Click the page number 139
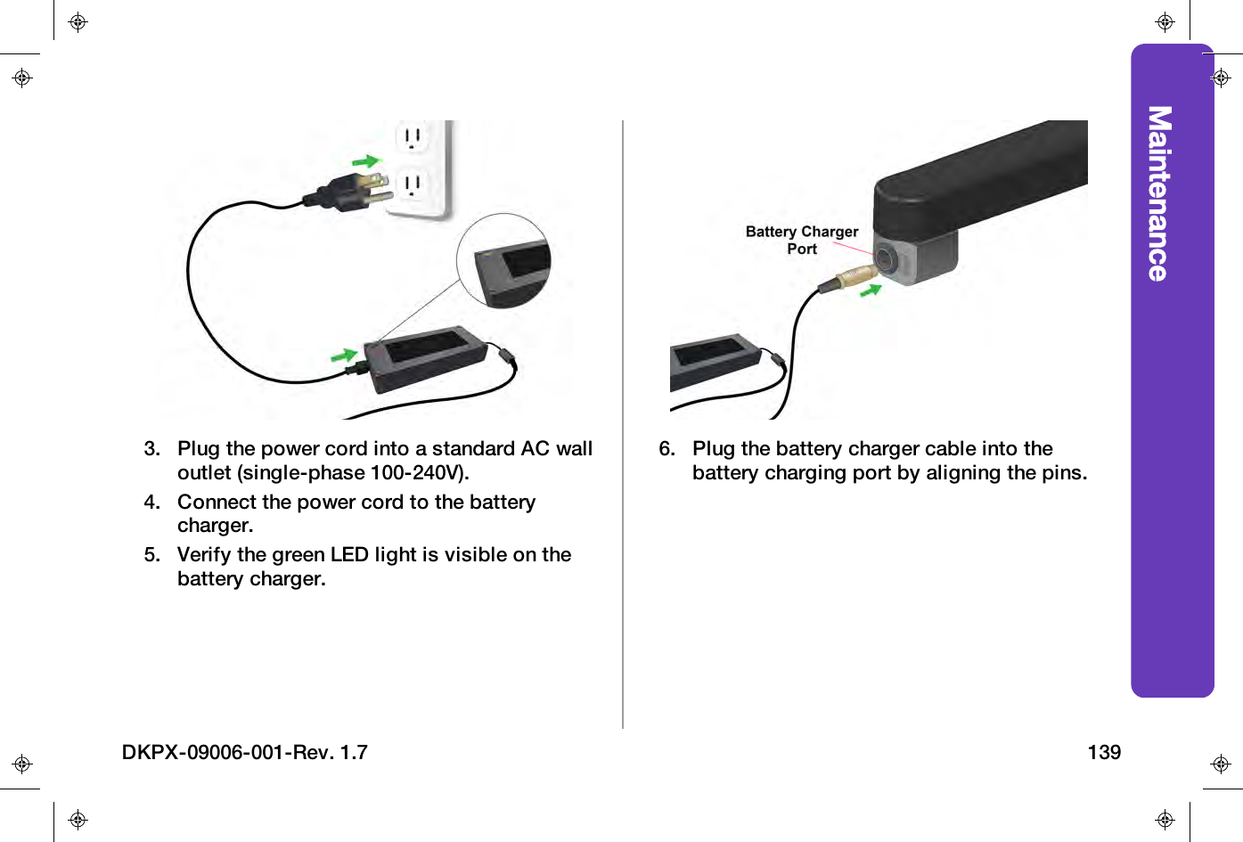click(1103, 752)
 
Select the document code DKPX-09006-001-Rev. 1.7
click(244, 752)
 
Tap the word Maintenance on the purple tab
click(1158, 193)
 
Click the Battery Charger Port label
click(801, 240)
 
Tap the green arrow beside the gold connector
click(871, 290)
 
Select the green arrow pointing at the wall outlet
click(366, 161)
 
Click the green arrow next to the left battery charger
click(344, 356)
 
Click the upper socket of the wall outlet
click(413, 138)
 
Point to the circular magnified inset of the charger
click(503, 261)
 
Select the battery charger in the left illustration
click(425, 356)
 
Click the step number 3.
click(152, 448)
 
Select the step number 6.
click(667, 448)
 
